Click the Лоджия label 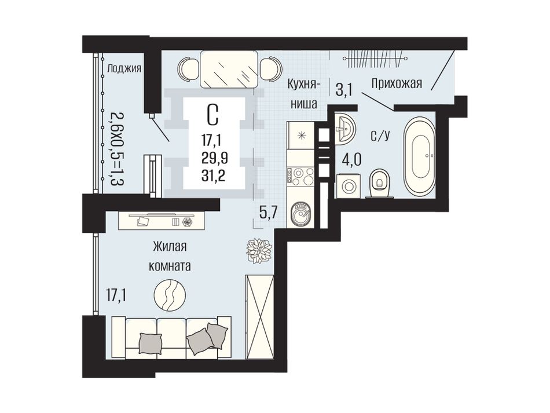124,68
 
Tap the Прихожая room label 397,83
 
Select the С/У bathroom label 380,136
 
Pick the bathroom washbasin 345,129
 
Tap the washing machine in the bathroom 349,186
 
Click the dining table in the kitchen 229,69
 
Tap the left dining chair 188,69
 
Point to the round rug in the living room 170,295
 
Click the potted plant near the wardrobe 259,250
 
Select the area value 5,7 269,212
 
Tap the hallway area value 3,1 344,90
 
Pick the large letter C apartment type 213,115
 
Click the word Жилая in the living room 170,247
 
